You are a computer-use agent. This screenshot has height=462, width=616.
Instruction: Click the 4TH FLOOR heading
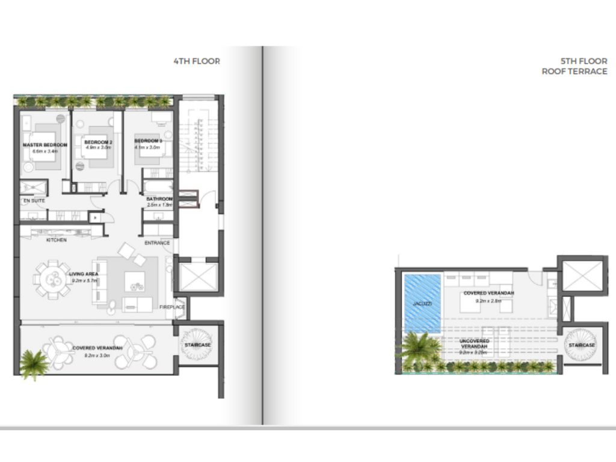pyautogui.click(x=197, y=61)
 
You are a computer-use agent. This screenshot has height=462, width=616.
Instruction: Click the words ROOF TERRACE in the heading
pyautogui.click(x=574, y=71)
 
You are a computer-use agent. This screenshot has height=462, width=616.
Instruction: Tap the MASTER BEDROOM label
pyautogui.click(x=45, y=145)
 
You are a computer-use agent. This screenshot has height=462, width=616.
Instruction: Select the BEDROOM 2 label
pyautogui.click(x=98, y=142)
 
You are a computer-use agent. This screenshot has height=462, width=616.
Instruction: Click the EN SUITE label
pyautogui.click(x=34, y=200)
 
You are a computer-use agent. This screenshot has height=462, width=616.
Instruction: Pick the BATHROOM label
pyautogui.click(x=159, y=199)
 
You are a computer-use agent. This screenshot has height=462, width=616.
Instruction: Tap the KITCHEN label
pyautogui.click(x=57, y=240)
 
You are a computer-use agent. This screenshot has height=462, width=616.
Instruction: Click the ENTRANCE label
pyautogui.click(x=157, y=243)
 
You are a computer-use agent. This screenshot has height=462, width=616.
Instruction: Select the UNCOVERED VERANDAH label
pyautogui.click(x=475, y=341)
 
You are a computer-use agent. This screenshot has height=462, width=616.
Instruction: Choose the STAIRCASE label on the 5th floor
pyautogui.click(x=581, y=345)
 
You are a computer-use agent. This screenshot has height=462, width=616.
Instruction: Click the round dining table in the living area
pyautogui.click(x=52, y=278)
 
